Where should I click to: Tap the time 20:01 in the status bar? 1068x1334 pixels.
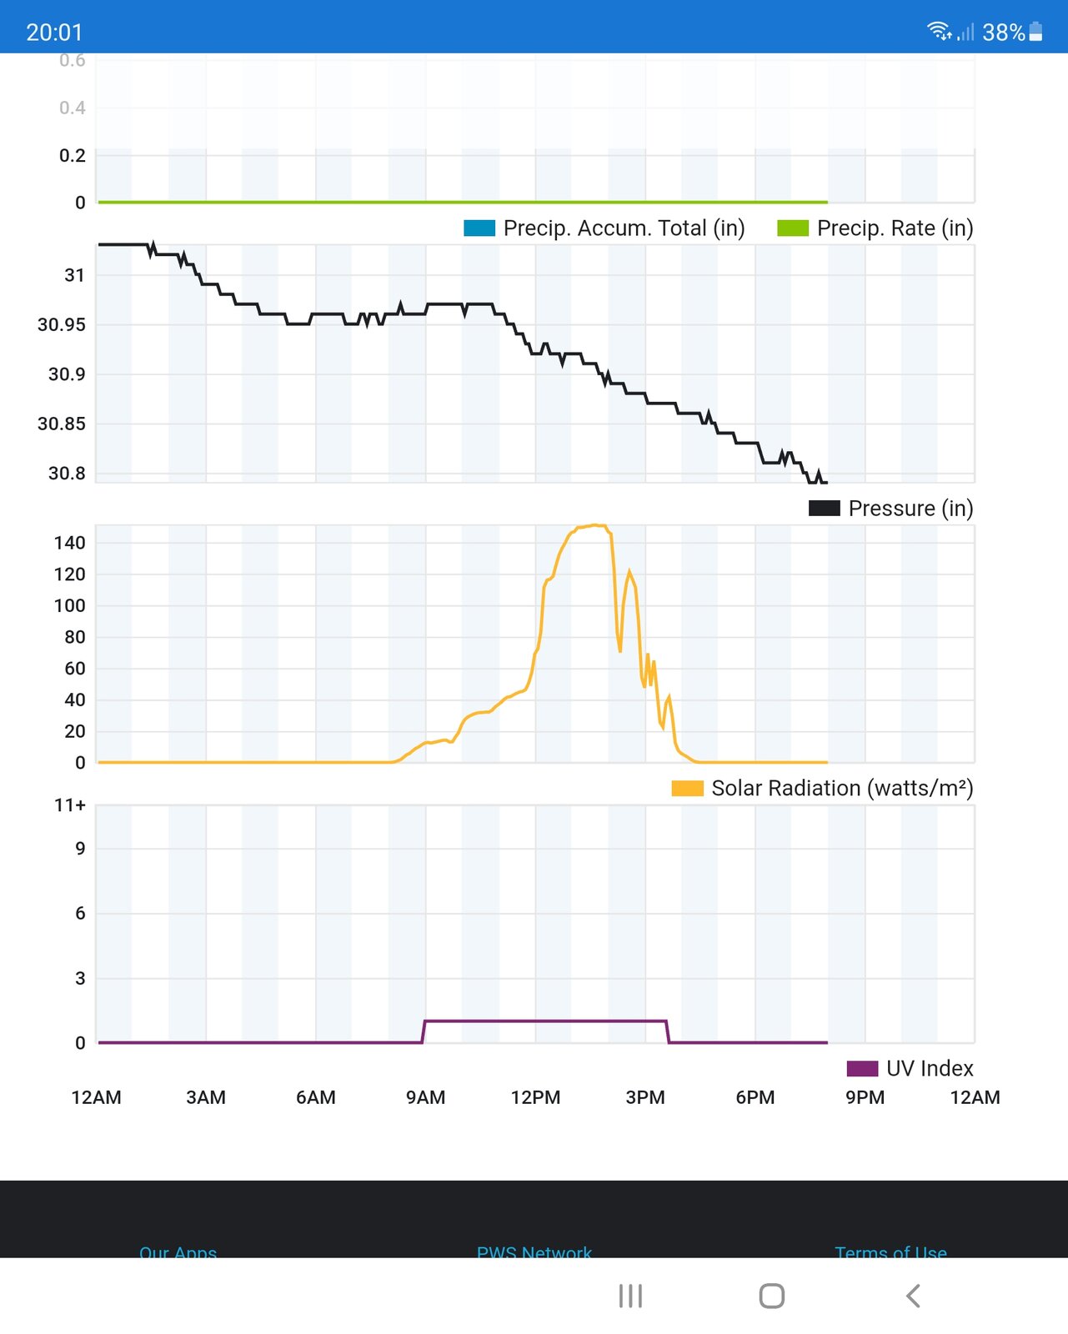54,33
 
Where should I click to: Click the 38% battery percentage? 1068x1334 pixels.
1003,33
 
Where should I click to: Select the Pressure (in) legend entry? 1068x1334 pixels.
891,509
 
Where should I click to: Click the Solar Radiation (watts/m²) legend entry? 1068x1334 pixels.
822,789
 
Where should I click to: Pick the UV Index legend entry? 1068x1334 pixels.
910,1069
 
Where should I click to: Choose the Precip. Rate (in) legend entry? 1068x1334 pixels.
875,228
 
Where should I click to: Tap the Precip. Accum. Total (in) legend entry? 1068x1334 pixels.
604,228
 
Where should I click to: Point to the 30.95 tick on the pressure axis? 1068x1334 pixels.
62,325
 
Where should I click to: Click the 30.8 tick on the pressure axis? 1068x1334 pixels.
67,474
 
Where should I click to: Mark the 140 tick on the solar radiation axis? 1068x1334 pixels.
69,544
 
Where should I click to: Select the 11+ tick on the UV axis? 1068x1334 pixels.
70,805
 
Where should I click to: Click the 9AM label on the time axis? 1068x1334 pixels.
425,1098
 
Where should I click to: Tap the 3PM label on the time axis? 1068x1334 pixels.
645,1098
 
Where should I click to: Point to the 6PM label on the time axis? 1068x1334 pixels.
755,1098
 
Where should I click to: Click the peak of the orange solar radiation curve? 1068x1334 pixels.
594,525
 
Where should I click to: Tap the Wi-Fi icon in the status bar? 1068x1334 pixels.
939,32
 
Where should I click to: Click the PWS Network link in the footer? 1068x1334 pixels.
534,1252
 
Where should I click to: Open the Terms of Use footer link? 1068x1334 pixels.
890,1252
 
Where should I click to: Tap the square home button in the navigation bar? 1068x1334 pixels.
772,1296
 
